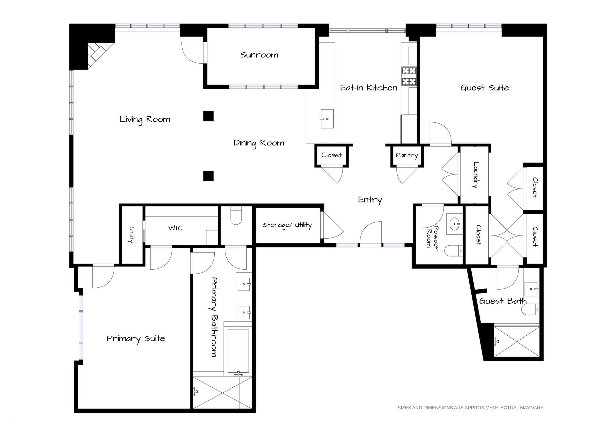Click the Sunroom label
tap(259, 55)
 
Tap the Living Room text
tap(145, 119)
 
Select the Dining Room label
tap(259, 143)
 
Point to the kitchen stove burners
tap(409, 76)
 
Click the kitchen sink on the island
tap(327, 119)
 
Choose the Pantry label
tap(407, 155)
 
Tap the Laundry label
tap(475, 175)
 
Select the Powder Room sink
tap(455, 224)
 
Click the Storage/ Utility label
tap(287, 225)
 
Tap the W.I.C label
tap(176, 228)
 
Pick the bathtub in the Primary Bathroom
tap(239, 351)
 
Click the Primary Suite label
tap(136, 339)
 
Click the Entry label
tap(370, 200)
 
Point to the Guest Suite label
tap(484, 88)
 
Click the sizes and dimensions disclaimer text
tap(471, 408)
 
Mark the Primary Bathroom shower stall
tap(223, 393)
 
